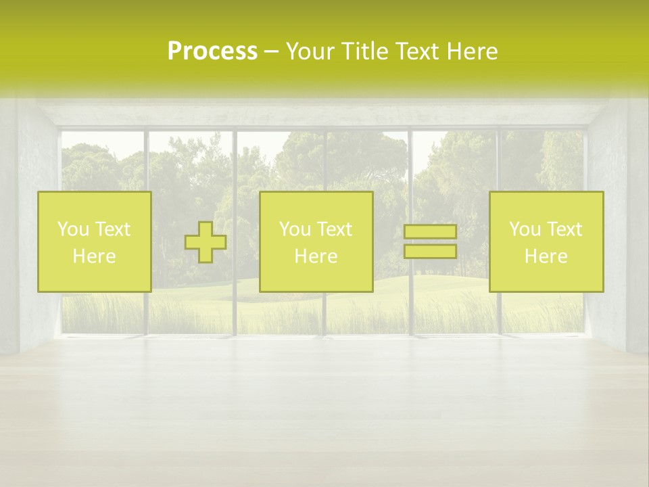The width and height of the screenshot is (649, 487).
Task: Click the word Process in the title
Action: pos(212,51)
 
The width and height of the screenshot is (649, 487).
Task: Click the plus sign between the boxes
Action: pos(206,242)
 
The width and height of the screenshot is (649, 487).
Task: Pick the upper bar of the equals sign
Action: pos(430,232)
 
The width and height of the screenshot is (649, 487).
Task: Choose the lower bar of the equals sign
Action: pos(430,252)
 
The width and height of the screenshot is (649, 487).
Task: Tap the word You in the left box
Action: pos(72,229)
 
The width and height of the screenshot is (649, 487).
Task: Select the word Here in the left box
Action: pos(94,256)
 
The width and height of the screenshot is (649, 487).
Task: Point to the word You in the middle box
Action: pos(295,229)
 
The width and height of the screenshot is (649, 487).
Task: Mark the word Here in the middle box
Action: pos(316,256)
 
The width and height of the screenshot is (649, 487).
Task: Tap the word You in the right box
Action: pos(525,229)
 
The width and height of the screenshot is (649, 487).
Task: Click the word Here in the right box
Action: pos(546,256)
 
